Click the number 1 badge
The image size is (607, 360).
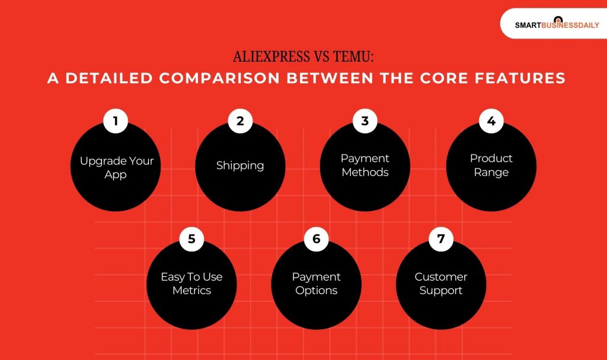(x=116, y=122)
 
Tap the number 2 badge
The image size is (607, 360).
(x=240, y=122)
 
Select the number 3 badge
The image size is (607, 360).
(x=365, y=122)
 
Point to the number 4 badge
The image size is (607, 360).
(x=491, y=122)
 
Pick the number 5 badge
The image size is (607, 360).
(x=191, y=240)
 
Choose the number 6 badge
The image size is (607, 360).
(x=316, y=240)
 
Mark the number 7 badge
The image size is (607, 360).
(x=440, y=240)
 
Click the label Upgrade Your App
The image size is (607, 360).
(x=116, y=168)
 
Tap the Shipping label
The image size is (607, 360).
(x=240, y=165)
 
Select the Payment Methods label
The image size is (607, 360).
(x=365, y=165)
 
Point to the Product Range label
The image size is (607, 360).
(x=491, y=165)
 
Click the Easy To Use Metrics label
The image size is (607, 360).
(x=191, y=283)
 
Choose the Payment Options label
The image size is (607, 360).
(x=316, y=283)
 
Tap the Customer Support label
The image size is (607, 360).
(x=440, y=283)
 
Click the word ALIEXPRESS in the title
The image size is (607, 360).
(x=271, y=57)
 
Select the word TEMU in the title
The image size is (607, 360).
(x=352, y=57)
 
